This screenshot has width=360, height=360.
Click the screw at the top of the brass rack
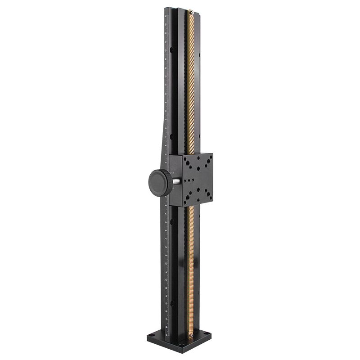192,13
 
